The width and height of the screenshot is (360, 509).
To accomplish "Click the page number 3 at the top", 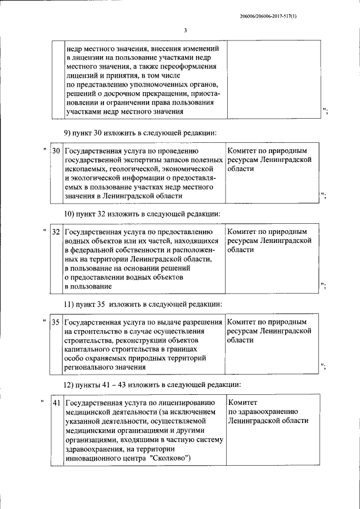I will (185, 30).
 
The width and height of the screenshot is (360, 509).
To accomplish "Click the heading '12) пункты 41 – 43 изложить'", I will (152, 385).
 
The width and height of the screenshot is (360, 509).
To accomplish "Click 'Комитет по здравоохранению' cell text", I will (268, 412).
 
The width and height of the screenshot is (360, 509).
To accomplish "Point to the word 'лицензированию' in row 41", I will (184, 403).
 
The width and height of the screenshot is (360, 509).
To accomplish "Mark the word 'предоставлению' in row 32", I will (184, 231).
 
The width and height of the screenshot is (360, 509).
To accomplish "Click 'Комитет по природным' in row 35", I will (267, 322).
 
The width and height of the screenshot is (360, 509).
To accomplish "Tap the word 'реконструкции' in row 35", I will (138, 340).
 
